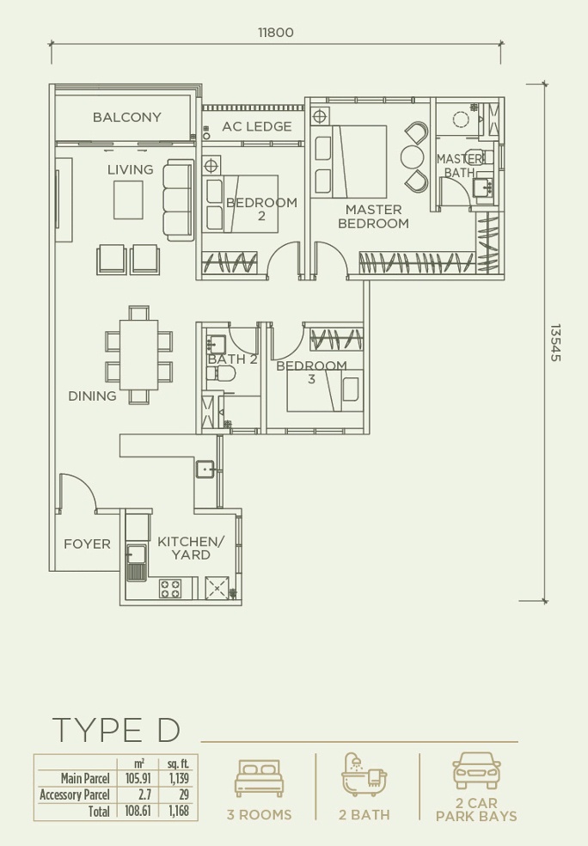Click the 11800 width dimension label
point(276,33)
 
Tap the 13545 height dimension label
point(555,342)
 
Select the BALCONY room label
point(126,117)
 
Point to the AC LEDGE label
point(257,126)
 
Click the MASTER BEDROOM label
point(373,217)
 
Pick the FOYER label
point(87,544)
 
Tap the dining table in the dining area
point(138,355)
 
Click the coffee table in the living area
point(128,199)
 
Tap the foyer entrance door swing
point(78,492)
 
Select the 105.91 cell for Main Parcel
point(138,778)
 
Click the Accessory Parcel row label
point(75,794)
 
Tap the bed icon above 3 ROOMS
point(259,778)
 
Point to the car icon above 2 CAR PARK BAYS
point(476,770)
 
